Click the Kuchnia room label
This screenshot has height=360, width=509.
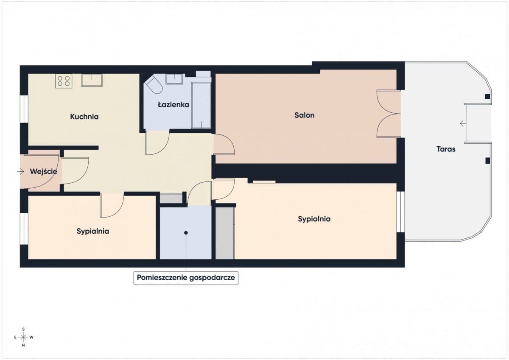pos(84,117)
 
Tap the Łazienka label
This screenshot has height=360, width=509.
pos(173,104)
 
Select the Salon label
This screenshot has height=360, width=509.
pos(305,115)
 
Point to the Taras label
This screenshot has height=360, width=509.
pos(446,149)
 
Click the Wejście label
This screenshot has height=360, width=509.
pos(43,171)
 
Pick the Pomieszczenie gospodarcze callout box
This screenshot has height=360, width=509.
pos(186,278)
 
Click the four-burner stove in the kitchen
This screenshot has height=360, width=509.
pos(64,81)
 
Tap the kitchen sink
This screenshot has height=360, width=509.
pos(92,80)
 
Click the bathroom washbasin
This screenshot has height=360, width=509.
pos(174,79)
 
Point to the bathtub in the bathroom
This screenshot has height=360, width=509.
pos(201,105)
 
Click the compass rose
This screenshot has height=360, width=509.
pos(23,337)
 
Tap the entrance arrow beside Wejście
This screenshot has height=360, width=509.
pos(20,171)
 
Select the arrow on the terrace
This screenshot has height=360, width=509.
pos(463,123)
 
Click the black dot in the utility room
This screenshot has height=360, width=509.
pos(186,233)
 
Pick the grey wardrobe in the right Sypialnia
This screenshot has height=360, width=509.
pos(225,233)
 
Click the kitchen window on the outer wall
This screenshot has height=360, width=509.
pos(24,109)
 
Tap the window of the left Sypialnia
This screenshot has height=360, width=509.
pos(24,229)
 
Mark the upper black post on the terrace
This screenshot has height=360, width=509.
pos(488,97)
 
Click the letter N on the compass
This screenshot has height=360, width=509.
pos(23,345)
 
